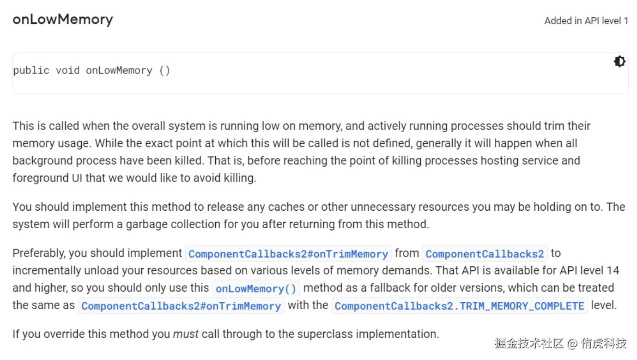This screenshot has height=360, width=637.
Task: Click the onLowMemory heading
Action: point(62,19)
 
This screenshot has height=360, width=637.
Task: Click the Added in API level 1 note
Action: point(586,21)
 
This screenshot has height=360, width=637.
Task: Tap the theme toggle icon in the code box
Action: point(619,61)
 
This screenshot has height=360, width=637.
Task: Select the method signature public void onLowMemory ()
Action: point(91,71)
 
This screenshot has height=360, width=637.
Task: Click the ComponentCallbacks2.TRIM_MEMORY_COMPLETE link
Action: point(459,306)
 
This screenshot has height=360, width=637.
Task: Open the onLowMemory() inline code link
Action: point(256,289)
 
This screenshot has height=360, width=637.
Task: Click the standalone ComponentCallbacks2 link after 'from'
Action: point(485,254)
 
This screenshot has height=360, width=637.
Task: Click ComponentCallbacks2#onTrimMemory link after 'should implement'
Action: point(288,254)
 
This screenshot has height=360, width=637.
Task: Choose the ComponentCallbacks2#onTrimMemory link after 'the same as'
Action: point(181,306)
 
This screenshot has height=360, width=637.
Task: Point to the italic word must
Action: point(186,334)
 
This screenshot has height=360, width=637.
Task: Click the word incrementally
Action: point(44,270)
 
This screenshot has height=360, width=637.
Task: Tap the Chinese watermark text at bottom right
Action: point(560,343)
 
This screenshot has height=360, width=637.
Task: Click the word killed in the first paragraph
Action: point(188,161)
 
